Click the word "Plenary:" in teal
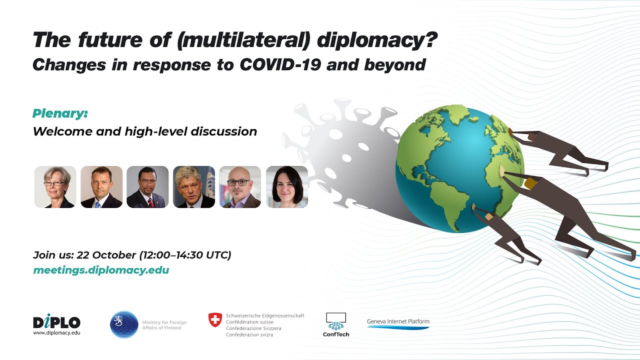[x=60, y=113]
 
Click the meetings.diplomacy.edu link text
[x=101, y=270]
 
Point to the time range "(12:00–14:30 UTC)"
[x=185, y=255]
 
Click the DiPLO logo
[x=56, y=322]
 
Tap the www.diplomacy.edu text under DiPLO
[x=56, y=332]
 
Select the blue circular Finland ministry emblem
[x=124, y=324]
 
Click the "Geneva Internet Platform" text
[x=398, y=321]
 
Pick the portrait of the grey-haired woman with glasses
[x=55, y=187]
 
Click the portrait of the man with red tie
[x=147, y=187]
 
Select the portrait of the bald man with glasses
[x=240, y=187]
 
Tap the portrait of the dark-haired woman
[x=286, y=187]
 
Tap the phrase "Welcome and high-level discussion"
[x=144, y=131]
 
